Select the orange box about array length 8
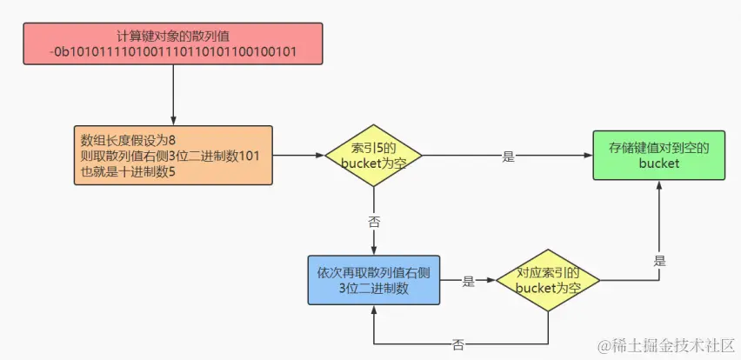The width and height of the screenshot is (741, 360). tap(174, 155)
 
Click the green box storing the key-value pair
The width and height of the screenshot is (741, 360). tap(658, 156)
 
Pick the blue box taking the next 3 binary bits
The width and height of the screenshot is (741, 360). tap(374, 280)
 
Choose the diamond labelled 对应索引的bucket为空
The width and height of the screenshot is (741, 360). tap(548, 280)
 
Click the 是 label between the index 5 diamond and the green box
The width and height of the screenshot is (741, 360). tap(508, 157)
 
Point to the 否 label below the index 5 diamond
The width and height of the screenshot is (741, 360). tap(374, 222)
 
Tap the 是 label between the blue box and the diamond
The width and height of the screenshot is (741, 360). tap(468, 281)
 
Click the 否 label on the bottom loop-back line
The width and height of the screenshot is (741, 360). tap(458, 344)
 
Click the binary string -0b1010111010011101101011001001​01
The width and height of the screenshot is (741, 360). tap(174, 52)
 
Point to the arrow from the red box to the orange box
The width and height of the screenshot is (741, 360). tap(174, 96)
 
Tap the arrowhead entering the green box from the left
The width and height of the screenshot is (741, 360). tap(587, 157)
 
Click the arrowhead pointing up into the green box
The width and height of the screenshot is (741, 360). tap(658, 186)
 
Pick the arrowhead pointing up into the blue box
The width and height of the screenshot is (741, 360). tap(374, 310)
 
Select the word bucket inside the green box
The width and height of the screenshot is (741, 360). tap(658, 163)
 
